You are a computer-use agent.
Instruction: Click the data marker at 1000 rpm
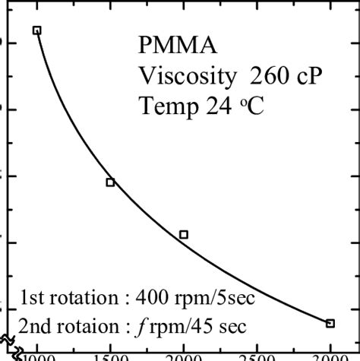(36, 30)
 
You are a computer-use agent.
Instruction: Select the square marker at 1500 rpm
(110, 182)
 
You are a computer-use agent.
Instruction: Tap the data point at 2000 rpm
(184, 235)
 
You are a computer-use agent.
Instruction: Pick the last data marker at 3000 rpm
(330, 323)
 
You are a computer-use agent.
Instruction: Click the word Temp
(163, 107)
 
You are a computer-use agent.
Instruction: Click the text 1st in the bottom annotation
(33, 296)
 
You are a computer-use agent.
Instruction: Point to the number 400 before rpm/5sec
(158, 296)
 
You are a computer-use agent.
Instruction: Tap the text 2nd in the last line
(36, 326)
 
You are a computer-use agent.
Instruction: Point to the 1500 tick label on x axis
(111, 356)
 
